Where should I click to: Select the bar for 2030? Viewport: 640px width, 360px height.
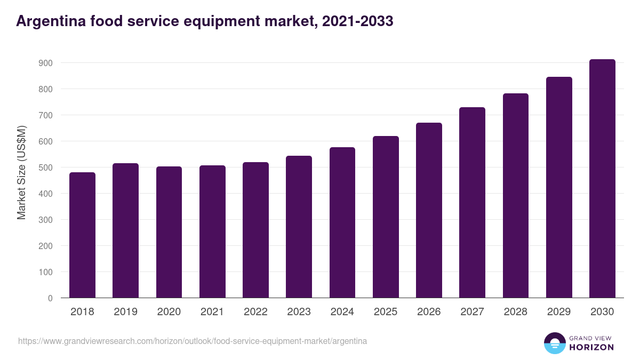602,179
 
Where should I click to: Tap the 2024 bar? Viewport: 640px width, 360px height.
342,222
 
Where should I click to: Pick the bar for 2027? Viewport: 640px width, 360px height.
472,203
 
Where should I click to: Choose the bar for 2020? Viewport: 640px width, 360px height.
169,232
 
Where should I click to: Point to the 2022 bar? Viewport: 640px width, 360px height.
255,230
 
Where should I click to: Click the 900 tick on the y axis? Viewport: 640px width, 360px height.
46,63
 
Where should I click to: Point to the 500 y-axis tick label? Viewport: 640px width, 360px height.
46,167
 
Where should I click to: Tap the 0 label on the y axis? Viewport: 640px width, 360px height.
50,298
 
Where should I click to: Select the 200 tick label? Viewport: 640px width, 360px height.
46,246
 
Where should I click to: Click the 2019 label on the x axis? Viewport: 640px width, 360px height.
126,312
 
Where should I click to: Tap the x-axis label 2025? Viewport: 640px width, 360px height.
386,312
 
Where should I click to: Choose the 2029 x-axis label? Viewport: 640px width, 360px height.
559,312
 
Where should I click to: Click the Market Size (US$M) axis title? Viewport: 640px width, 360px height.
21,172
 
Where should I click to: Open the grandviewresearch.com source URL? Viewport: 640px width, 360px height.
193,341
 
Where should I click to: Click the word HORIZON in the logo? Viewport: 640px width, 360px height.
591,347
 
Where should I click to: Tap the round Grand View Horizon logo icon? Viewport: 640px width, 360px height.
554,343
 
